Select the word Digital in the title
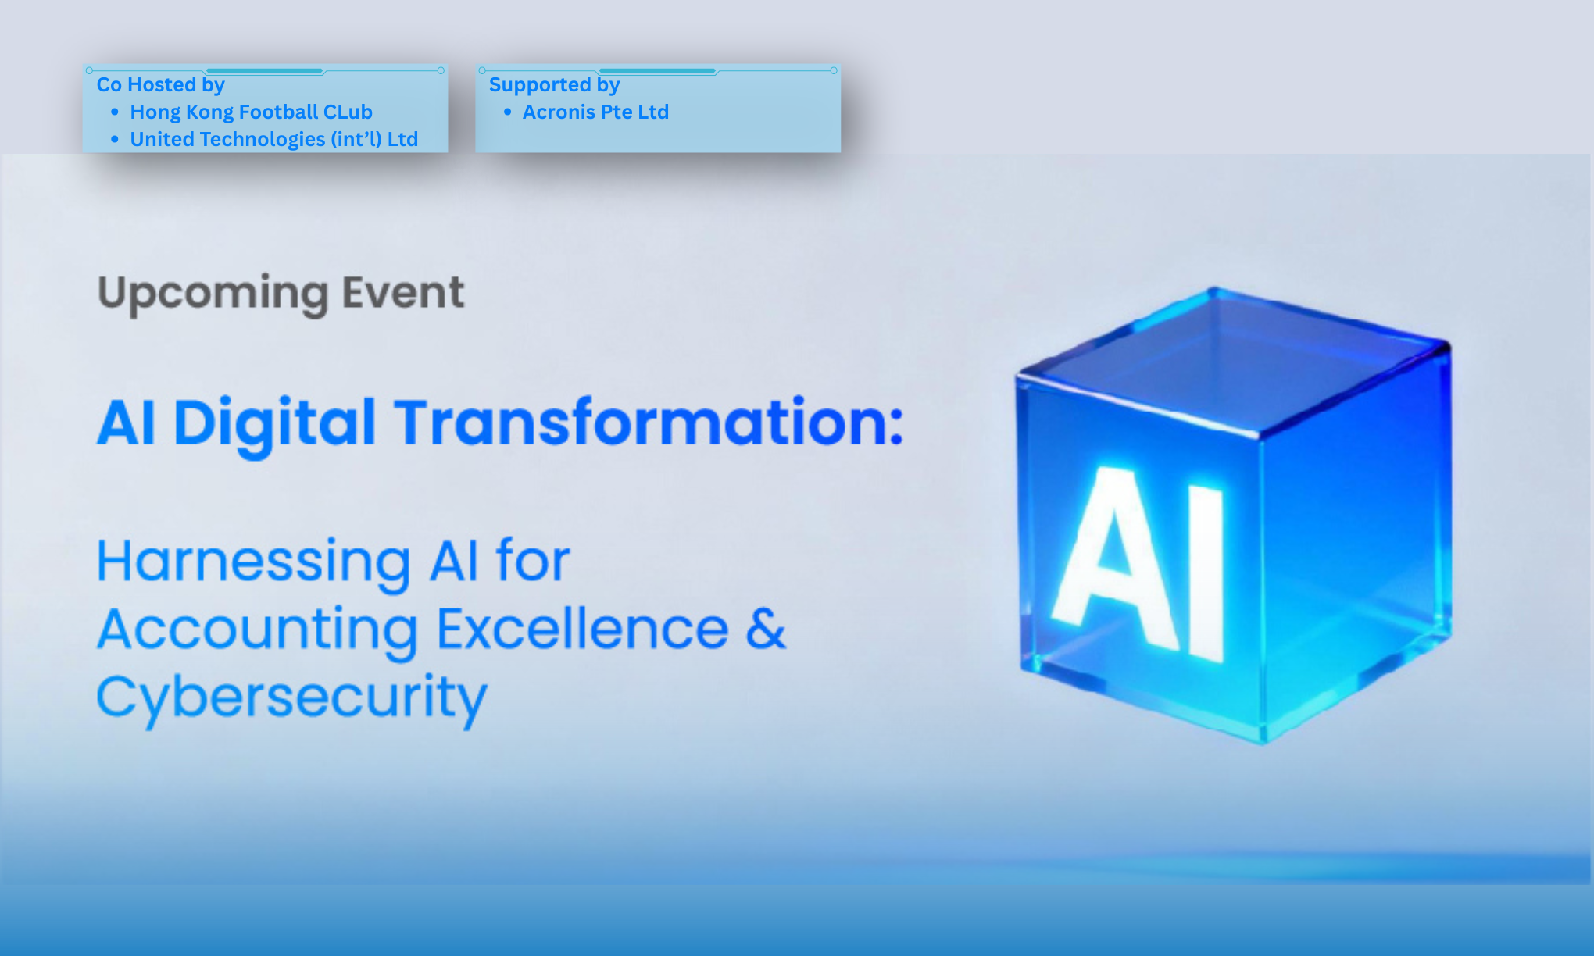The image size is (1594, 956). click(273, 423)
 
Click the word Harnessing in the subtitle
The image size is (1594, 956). click(253, 562)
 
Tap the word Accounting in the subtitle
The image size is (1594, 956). click(258, 630)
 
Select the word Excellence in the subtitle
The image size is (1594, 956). click(582, 629)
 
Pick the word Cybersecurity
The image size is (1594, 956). click(291, 697)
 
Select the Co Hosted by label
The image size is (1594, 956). click(160, 84)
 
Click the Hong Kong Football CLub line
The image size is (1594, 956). click(251, 112)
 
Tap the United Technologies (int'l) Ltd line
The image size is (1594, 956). click(273, 139)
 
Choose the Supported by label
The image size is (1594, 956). click(554, 84)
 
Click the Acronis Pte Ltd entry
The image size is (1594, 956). click(595, 112)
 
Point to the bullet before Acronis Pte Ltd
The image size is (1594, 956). click(507, 112)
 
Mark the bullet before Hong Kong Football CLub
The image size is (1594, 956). click(115, 112)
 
